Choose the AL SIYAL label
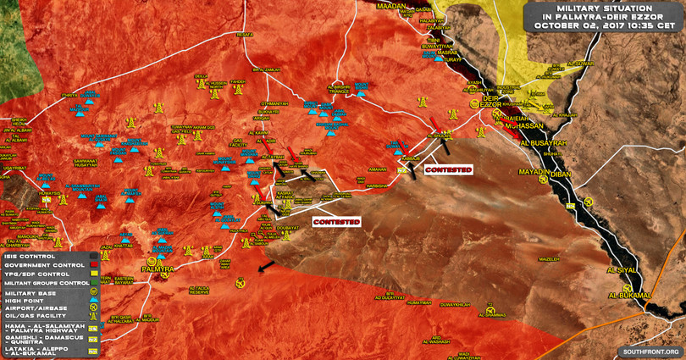pos(620,270)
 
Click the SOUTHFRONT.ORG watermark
pos(650,351)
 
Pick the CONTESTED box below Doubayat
pos(336,222)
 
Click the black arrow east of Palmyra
pos(266,268)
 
